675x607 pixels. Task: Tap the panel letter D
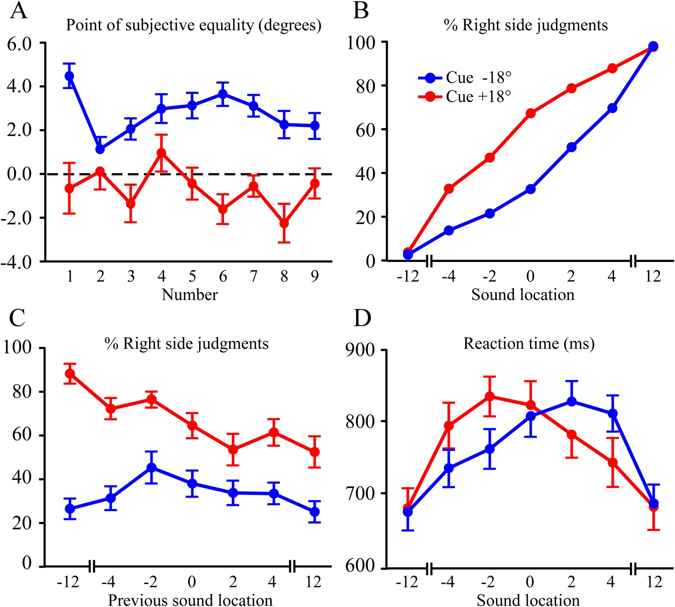pos(362,318)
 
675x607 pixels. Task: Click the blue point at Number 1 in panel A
pos(69,76)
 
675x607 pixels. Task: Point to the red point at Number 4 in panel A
pos(161,153)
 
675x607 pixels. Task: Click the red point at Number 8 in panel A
pos(284,223)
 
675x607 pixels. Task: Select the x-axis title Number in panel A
pos(189,295)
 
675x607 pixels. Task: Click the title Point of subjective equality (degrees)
pos(193,25)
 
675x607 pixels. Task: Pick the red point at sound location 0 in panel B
pos(531,113)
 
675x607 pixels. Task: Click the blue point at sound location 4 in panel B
pos(612,108)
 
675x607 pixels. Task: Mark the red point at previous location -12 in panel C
pos(70,373)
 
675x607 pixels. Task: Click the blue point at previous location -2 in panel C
pos(151,467)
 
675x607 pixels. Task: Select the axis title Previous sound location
pos(190,600)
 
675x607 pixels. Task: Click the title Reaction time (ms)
pos(529,344)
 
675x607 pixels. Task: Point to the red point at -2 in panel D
pos(490,396)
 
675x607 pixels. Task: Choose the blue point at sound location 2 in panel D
pos(571,402)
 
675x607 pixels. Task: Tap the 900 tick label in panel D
pos(360,351)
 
